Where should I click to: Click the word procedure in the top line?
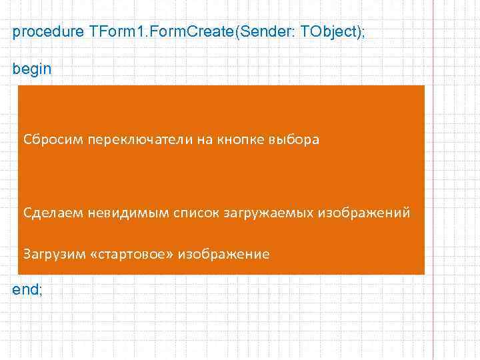[47, 33]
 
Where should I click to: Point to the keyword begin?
[31, 69]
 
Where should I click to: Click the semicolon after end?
[41, 291]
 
